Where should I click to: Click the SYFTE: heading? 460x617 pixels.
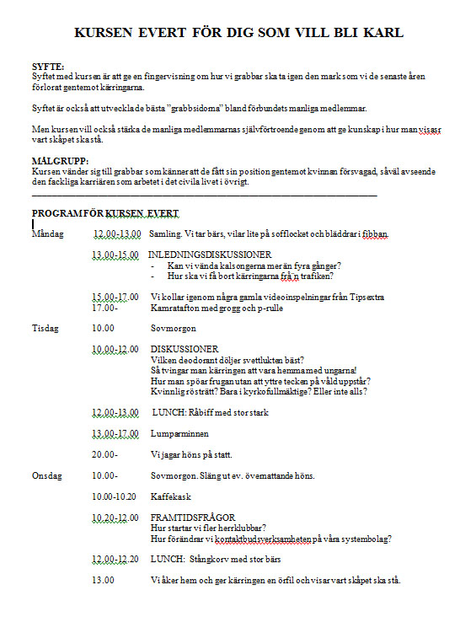(47, 67)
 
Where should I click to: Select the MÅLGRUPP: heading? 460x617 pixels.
(59, 160)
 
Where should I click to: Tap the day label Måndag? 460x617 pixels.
(47, 233)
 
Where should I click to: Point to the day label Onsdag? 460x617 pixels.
(46, 476)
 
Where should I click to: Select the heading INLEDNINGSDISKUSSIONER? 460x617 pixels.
(209, 255)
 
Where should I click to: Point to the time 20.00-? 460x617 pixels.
(104, 455)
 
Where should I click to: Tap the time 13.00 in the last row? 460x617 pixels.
(103, 581)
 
